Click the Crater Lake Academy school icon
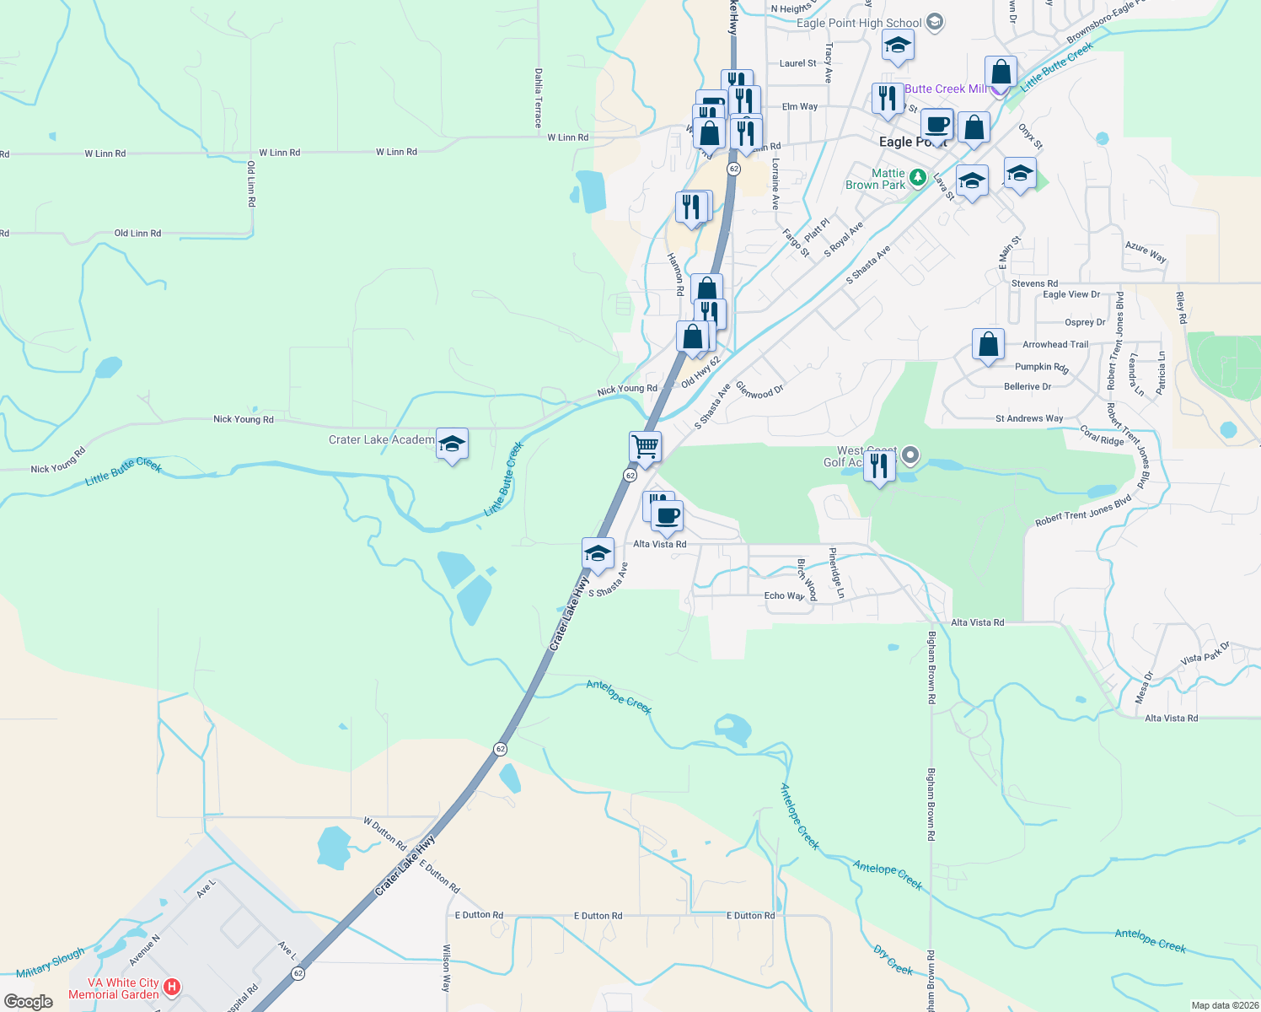(x=452, y=444)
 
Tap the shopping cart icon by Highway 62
(x=645, y=446)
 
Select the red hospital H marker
(x=172, y=986)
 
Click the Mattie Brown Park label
(x=876, y=179)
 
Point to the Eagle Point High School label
(x=859, y=23)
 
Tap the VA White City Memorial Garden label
(x=114, y=988)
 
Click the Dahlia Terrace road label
(x=539, y=98)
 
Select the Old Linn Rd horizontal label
(x=137, y=233)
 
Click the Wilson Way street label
(x=446, y=967)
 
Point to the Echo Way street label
(x=784, y=595)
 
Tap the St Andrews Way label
(x=1029, y=418)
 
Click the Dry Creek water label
(x=893, y=960)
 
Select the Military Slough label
(x=51, y=962)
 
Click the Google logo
(x=29, y=1002)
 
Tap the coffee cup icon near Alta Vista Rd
(x=667, y=516)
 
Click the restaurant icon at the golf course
(x=879, y=466)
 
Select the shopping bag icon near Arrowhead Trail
(x=988, y=344)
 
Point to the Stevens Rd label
(x=1034, y=283)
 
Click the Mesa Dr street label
(x=1143, y=687)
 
